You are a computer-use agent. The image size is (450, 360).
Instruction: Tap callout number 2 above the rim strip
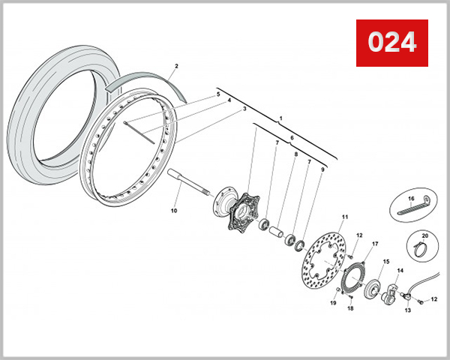[x=175, y=67]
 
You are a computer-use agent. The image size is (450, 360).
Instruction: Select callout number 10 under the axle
[x=174, y=211]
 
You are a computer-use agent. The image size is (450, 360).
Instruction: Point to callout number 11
[x=345, y=217]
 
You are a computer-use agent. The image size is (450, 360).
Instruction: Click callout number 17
[x=375, y=244]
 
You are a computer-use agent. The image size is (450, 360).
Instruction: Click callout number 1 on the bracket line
[x=280, y=118]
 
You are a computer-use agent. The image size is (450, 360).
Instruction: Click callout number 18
[x=349, y=308]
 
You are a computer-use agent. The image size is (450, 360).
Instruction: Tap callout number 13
[x=408, y=310]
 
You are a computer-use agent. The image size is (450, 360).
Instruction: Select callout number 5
[x=218, y=94]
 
